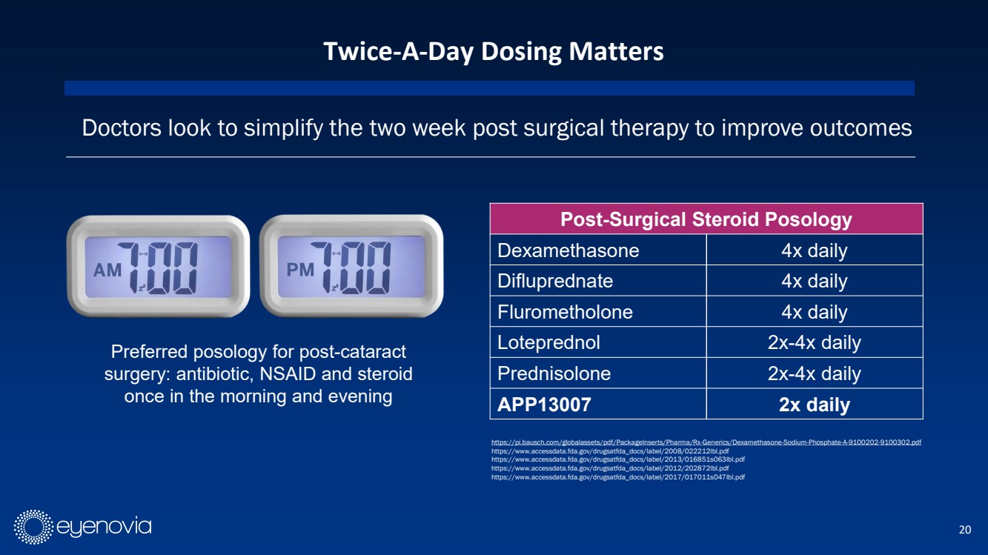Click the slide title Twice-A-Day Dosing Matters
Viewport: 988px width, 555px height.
(x=493, y=52)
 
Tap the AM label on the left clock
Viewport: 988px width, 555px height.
(x=107, y=270)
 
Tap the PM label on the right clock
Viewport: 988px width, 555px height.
(x=300, y=269)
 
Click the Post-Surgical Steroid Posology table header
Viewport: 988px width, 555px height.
(x=706, y=219)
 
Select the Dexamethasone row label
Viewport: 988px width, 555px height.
(x=568, y=250)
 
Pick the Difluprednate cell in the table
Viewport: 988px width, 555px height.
(x=555, y=281)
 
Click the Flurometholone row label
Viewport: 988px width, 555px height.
(x=565, y=312)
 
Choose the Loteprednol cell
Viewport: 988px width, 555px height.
(x=548, y=342)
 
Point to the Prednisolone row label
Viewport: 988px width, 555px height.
(x=554, y=373)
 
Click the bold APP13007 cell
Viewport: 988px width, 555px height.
(x=544, y=405)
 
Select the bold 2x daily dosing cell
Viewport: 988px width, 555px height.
(x=815, y=405)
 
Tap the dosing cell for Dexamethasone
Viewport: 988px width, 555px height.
(x=815, y=250)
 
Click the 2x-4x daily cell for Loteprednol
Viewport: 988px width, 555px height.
(x=815, y=342)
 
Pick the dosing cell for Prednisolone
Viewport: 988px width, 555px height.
(x=815, y=373)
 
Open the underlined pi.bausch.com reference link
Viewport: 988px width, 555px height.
(x=706, y=442)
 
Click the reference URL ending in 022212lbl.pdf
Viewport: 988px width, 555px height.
(x=610, y=451)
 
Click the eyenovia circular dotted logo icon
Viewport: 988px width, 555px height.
(x=33, y=527)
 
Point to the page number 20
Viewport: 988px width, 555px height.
(x=965, y=529)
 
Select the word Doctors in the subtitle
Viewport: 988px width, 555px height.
(x=122, y=128)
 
